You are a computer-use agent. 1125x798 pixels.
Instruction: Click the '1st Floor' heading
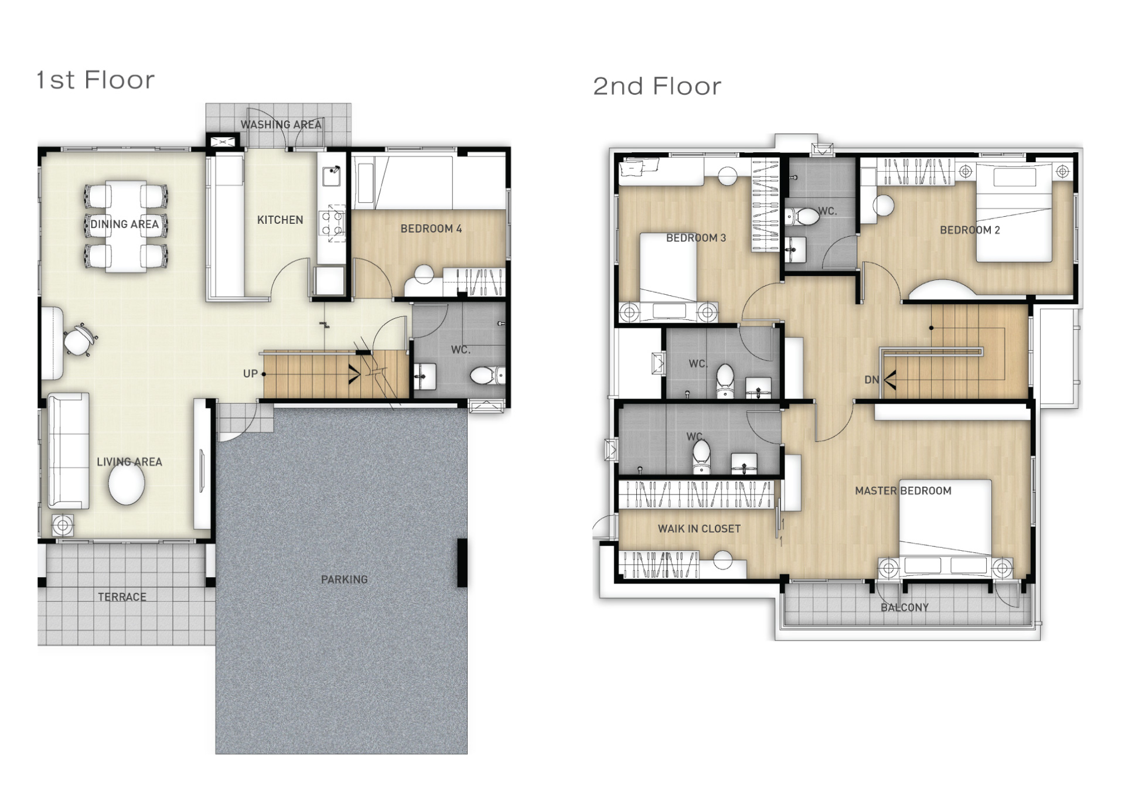pos(96,80)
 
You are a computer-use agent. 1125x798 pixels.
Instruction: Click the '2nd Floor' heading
pos(657,87)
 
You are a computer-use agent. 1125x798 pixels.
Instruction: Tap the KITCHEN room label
pos(280,220)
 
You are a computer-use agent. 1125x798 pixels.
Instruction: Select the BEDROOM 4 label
pos(431,229)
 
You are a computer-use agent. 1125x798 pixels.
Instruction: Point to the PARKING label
pos(345,579)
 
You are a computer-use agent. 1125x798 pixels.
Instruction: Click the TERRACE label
pos(122,597)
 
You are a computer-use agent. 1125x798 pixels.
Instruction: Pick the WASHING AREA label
pos(281,125)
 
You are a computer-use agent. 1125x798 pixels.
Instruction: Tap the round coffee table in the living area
pos(127,483)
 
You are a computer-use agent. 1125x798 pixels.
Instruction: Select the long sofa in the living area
pos(69,451)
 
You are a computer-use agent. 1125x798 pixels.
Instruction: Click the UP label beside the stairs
pos(250,374)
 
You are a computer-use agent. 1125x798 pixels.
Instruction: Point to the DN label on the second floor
pos(871,380)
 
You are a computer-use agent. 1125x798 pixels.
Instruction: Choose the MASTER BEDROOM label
pos(903,491)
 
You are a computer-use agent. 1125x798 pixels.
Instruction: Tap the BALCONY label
pos(905,608)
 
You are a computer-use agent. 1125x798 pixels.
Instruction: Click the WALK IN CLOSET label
pos(699,528)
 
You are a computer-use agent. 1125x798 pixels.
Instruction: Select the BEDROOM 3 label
pos(696,238)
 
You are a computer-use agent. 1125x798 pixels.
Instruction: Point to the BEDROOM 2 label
pos(970,230)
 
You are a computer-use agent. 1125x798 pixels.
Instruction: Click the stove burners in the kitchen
pos(332,223)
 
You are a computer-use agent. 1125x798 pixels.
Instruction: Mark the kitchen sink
pos(332,176)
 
